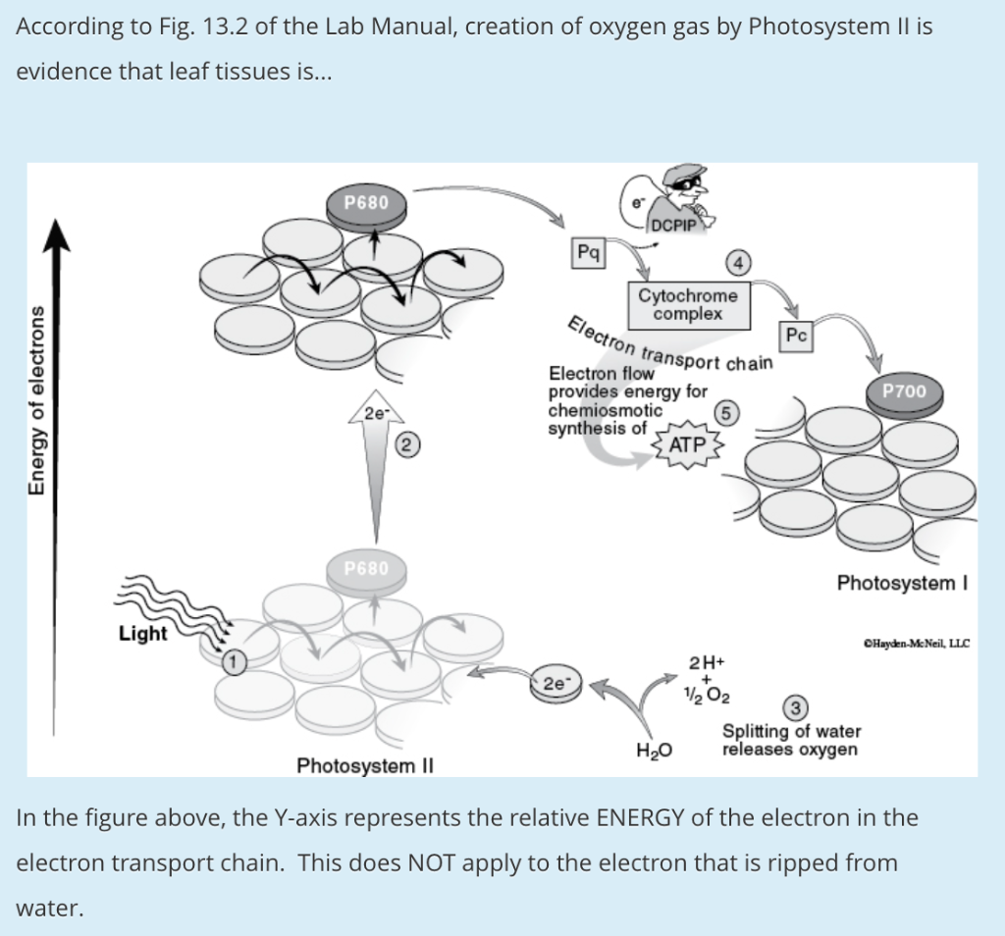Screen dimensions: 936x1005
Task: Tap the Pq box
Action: coord(589,252)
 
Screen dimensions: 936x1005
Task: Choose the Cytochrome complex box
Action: coord(687,305)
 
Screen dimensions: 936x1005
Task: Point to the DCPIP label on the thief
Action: coord(672,225)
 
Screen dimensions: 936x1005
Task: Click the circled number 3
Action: coord(797,707)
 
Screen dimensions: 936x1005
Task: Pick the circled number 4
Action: coord(737,262)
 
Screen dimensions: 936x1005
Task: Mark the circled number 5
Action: coord(726,413)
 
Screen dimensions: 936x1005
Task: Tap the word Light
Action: coord(142,634)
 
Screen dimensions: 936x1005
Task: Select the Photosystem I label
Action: coord(903,584)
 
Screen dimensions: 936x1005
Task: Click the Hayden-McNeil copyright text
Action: coord(915,644)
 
